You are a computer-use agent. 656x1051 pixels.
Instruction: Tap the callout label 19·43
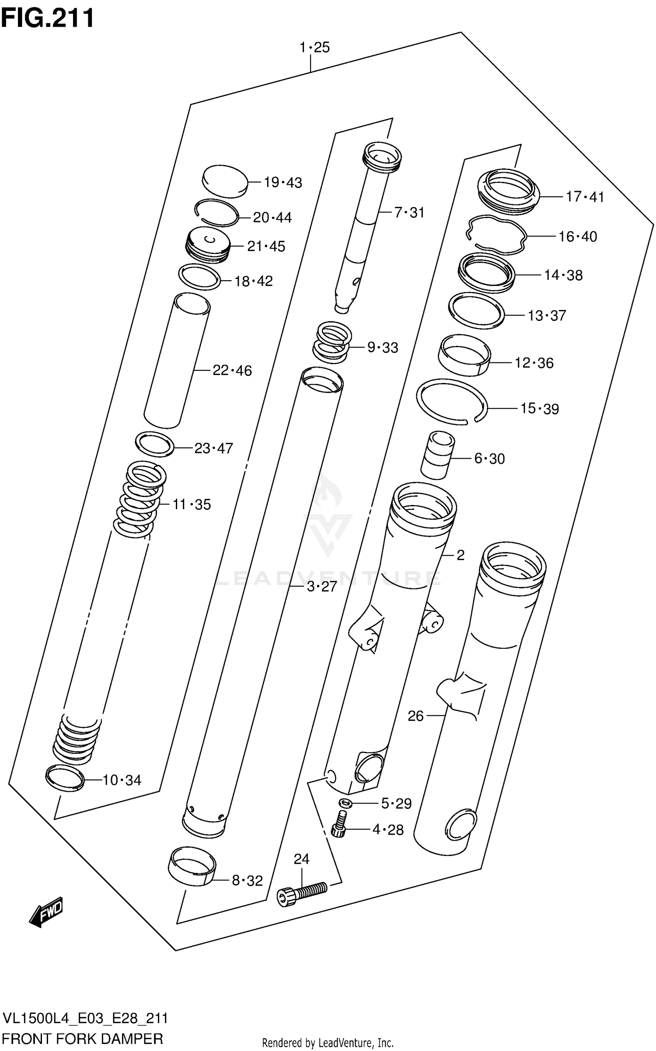283,182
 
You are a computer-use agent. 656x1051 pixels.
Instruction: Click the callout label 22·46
232,370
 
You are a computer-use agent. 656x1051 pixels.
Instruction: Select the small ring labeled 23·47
154,444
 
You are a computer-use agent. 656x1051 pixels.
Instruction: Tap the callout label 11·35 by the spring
192,504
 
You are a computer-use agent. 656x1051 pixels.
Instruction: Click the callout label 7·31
409,212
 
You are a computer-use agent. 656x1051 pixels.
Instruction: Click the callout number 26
415,716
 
